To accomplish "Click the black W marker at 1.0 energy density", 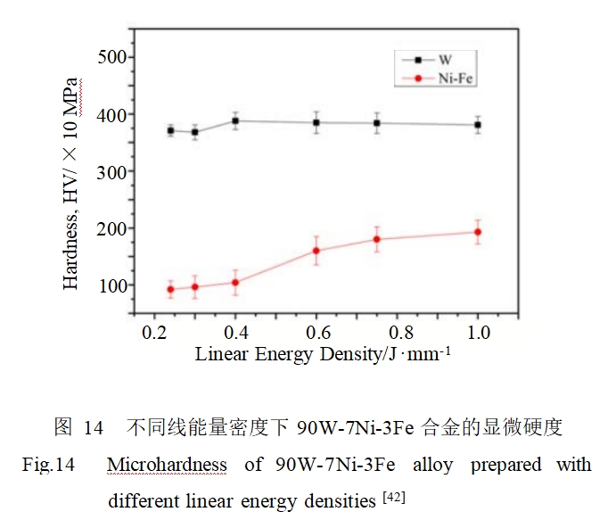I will click(478, 125).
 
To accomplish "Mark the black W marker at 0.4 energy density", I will click(235, 120).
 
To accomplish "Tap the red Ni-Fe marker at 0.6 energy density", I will click(316, 251).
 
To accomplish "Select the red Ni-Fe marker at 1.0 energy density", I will click(478, 232).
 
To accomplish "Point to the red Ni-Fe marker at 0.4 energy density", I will click(235, 282).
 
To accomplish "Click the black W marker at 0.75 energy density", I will click(377, 123).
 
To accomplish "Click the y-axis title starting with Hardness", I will click(72, 185).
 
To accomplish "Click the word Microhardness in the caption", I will click(167, 466).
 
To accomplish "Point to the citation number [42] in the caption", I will click(393, 497).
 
